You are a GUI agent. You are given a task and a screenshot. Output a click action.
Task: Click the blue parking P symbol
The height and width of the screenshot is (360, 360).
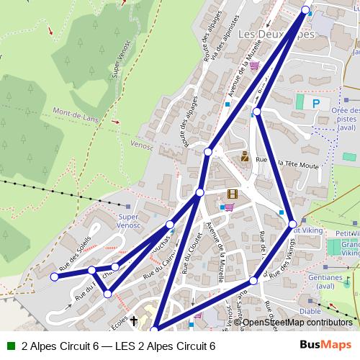[x=315, y=104]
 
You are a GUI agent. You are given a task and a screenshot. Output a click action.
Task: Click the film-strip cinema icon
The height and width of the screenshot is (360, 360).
[x=232, y=193]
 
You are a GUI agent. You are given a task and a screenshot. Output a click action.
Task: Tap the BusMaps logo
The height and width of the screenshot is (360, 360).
[x=325, y=346]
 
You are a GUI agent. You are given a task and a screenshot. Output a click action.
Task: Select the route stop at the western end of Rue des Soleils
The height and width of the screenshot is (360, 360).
[x=54, y=276]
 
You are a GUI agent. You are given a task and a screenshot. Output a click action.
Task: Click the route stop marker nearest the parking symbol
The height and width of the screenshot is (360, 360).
[x=256, y=112]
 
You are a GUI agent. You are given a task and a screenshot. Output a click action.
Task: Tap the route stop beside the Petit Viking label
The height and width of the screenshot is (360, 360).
[x=292, y=223]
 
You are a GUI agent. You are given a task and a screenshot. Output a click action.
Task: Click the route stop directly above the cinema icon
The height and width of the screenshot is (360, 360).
[x=207, y=151]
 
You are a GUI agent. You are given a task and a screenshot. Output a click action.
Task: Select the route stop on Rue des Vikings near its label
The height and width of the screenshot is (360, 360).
[x=253, y=280]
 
